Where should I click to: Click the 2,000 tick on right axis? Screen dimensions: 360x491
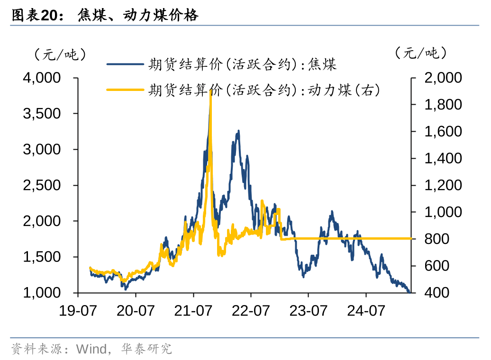(443, 78)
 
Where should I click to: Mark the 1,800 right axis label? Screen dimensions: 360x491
(443, 105)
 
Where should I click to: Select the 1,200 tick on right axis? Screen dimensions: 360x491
(443, 185)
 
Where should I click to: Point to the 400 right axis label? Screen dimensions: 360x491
(436, 293)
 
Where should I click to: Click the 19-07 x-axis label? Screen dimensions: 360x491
(78, 311)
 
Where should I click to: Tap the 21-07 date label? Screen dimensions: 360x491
(193, 311)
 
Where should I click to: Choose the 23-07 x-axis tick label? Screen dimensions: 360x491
(308, 311)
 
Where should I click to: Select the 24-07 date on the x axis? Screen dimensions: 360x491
(365, 311)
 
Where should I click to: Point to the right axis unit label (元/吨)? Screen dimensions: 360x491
(421, 53)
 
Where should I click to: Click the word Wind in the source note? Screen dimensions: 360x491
(92, 350)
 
